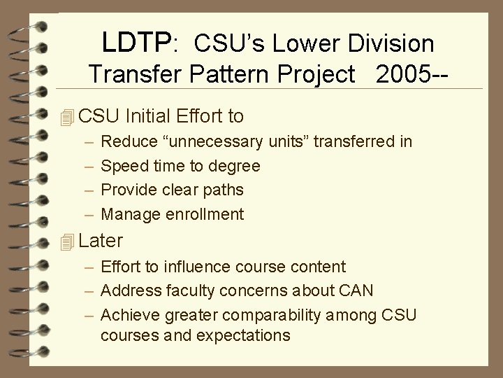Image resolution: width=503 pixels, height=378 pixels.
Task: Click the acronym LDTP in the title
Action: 136,43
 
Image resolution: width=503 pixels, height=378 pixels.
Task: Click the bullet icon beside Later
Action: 67,242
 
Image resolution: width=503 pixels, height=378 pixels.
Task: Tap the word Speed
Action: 124,167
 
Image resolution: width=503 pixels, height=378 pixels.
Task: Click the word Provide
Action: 129,190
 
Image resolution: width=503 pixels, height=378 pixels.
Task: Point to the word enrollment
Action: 205,214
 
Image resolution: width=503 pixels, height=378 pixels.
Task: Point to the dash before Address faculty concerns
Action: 91,290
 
